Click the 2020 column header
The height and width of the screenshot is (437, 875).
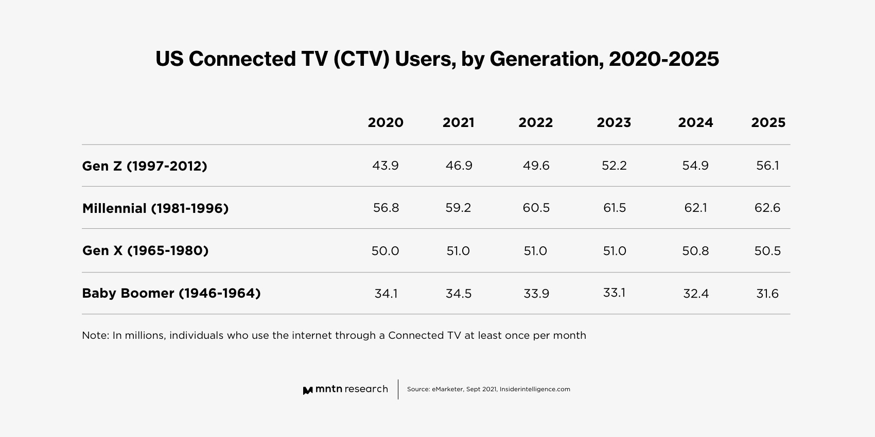coord(386,123)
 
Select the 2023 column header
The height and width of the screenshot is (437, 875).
coord(614,123)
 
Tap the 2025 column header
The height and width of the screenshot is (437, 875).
coord(768,123)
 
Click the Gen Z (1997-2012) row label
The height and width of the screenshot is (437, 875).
coord(145,166)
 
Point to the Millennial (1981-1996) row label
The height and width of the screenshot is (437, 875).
coord(155,208)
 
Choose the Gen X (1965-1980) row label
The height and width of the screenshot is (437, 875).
coord(145,250)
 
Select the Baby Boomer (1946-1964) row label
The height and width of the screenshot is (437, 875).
coord(171,293)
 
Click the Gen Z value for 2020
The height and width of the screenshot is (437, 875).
coord(386,166)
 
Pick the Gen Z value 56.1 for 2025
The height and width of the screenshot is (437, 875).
coord(767,166)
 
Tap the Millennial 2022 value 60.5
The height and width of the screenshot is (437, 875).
coord(536,208)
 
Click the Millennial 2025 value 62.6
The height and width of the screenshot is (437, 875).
coord(767,208)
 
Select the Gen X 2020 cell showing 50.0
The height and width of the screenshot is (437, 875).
coord(385,251)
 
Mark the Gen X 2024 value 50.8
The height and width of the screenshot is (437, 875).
coord(695,251)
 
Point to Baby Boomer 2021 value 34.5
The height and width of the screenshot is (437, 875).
coord(459,294)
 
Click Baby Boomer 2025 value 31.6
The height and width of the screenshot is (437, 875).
coord(767,294)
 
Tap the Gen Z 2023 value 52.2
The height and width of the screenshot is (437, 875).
coord(614,166)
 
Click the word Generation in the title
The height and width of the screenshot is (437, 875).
coord(546,59)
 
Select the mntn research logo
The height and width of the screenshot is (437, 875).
coord(345,390)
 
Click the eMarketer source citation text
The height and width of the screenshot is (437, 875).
coord(488,389)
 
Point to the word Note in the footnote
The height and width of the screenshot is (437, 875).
coord(95,335)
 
